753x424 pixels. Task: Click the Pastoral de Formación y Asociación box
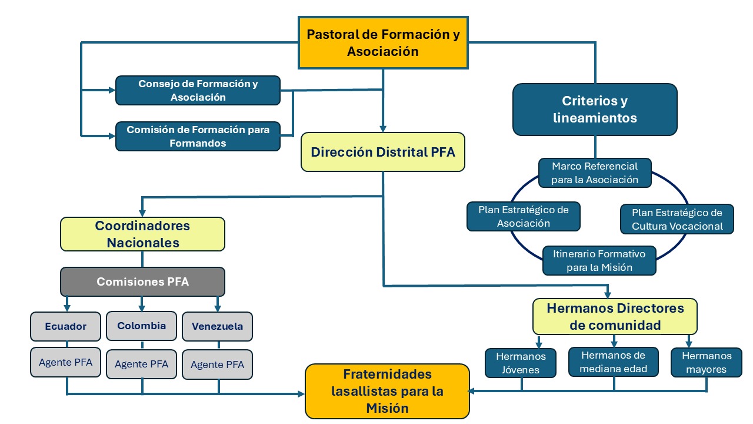point(383,43)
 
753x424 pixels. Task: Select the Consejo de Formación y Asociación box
point(198,91)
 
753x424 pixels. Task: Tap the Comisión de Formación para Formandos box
point(198,136)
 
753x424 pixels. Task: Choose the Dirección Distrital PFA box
point(383,152)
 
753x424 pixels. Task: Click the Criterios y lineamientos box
point(595,110)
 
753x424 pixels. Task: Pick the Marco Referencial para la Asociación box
point(595,173)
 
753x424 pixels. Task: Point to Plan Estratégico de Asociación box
point(524,216)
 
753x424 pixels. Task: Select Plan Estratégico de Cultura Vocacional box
point(677,219)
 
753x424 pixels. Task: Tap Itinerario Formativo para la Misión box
point(599,260)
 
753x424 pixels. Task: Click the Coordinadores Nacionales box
point(142,234)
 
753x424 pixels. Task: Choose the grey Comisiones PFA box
point(142,281)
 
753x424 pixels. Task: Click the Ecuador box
point(66,326)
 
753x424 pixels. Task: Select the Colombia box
point(141,326)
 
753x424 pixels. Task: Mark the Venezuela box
point(217,326)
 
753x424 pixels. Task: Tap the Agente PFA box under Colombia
point(141,364)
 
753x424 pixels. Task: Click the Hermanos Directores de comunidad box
point(615,316)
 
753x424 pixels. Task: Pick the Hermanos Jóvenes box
point(521,363)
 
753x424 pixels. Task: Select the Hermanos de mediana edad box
point(614,362)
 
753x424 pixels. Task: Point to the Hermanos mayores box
point(706,362)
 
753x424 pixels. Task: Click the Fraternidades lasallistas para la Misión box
point(387,391)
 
